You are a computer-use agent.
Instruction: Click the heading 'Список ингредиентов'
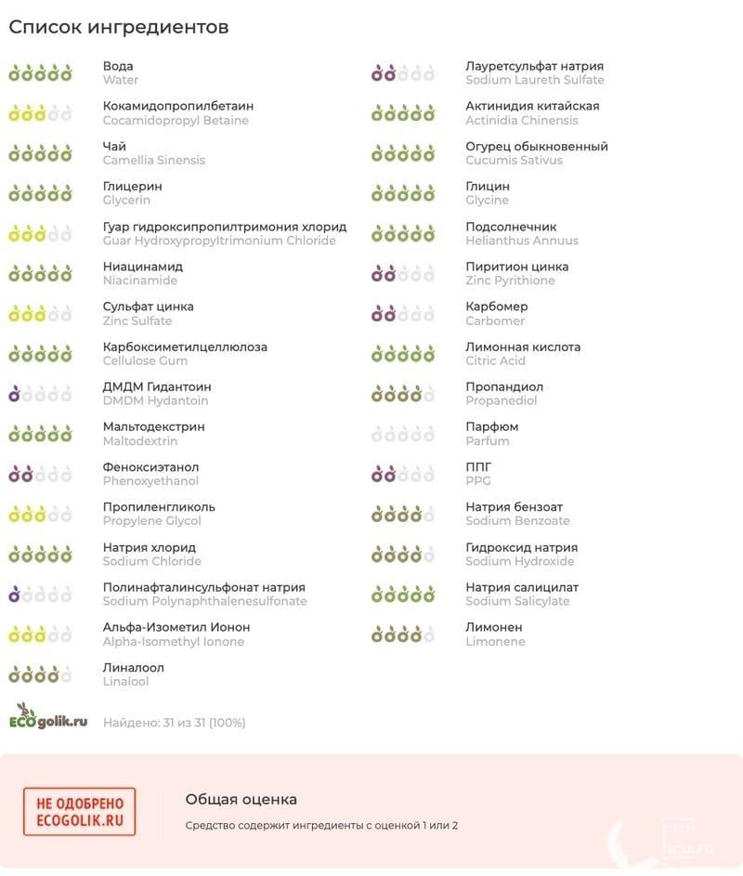coord(119,27)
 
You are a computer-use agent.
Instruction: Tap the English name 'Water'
coord(121,80)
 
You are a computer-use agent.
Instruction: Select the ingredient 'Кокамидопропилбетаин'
coord(178,106)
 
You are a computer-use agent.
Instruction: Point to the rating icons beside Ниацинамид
coord(40,273)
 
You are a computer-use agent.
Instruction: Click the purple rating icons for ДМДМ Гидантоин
coord(40,394)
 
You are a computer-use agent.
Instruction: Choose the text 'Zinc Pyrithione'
coord(510,281)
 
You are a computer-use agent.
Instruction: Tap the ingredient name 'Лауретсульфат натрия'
coord(534,66)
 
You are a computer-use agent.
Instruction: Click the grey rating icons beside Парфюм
coord(402,434)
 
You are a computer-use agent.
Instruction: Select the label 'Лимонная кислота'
coord(523,346)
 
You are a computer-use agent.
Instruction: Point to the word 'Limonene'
coord(495,642)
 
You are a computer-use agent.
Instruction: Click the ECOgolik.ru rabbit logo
coord(48,717)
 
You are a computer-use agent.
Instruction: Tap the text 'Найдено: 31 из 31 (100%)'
coord(175,722)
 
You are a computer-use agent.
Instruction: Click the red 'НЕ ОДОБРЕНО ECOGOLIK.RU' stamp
coord(79,811)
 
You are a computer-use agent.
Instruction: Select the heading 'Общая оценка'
coord(241,799)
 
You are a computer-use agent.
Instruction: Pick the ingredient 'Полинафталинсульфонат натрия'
coord(204,587)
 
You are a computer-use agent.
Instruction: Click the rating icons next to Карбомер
coord(402,313)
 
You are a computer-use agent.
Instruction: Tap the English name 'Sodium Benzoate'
coord(517,521)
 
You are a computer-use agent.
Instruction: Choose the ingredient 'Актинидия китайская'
coord(532,106)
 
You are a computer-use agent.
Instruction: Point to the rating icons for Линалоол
coord(40,674)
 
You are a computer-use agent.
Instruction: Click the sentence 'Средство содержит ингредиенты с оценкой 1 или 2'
coord(321,825)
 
